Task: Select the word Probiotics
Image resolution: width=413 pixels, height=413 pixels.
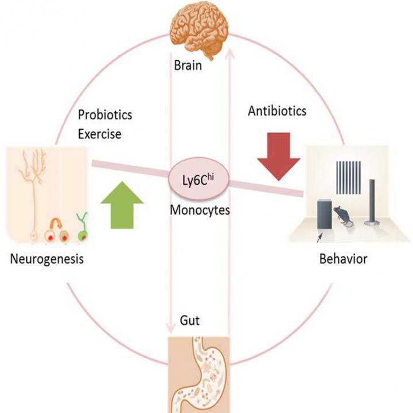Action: click(x=105, y=115)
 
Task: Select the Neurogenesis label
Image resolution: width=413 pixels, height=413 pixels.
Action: click(x=47, y=259)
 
